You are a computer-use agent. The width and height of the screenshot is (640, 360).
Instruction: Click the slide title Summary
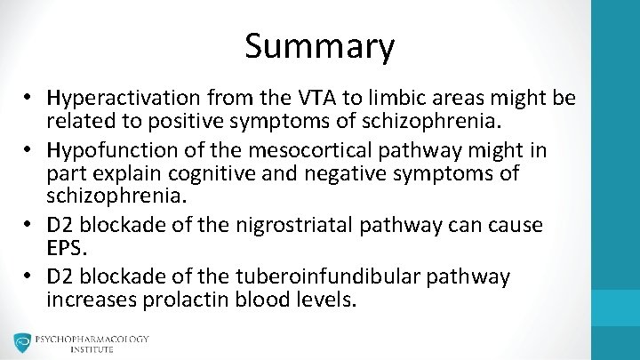coord(319,46)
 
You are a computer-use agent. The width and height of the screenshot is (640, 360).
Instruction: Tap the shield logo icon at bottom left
coord(22,343)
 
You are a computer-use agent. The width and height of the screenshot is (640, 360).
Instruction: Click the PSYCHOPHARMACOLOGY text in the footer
coord(92,339)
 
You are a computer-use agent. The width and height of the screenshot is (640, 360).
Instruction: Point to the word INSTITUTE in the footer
coord(92,349)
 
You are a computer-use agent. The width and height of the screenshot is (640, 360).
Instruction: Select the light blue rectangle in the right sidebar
coord(616,308)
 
